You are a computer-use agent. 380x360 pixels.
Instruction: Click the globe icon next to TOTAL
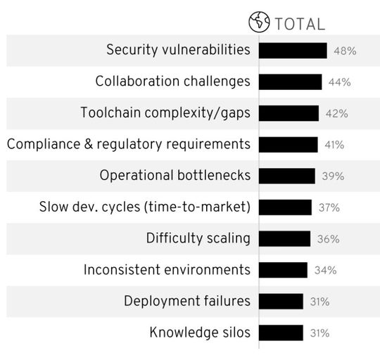(x=260, y=23)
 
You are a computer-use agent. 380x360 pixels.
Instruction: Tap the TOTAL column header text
(x=299, y=24)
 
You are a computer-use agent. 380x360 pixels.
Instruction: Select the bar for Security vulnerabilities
(x=293, y=51)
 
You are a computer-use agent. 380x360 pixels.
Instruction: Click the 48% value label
(x=345, y=51)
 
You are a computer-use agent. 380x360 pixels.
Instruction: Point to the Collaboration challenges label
(x=172, y=82)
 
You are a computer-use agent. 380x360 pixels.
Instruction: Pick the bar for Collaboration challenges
(x=290, y=82)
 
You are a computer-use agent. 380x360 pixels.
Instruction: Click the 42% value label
(x=336, y=113)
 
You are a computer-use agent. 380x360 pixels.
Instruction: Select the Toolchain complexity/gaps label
(x=165, y=113)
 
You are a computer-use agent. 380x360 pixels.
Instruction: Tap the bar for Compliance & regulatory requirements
(x=288, y=144)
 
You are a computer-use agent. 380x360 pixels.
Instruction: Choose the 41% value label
(x=334, y=145)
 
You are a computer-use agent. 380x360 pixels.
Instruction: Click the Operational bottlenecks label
(x=175, y=176)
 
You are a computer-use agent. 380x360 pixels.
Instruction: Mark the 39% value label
(x=333, y=176)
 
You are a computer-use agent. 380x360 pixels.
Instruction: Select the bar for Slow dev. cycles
(x=285, y=207)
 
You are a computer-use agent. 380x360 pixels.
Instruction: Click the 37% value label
(x=329, y=207)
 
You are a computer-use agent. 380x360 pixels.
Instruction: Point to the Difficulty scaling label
(x=198, y=238)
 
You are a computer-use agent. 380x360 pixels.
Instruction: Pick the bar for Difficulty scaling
(x=284, y=238)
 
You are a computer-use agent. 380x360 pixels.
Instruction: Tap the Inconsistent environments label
(x=167, y=270)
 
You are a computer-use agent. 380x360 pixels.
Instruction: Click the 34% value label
(x=325, y=271)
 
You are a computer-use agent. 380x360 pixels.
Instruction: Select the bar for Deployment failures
(x=281, y=301)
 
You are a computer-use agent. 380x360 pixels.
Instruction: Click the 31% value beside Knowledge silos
(x=320, y=333)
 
